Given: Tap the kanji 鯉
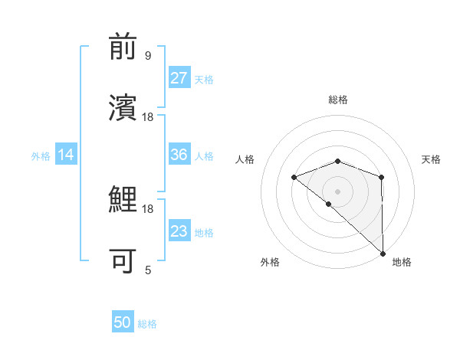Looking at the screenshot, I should pyautogui.click(x=124, y=201).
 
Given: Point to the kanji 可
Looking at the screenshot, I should pyautogui.click(x=124, y=260).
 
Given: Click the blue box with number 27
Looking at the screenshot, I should pyautogui.click(x=179, y=78).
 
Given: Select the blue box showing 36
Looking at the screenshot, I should pyautogui.click(x=179, y=155).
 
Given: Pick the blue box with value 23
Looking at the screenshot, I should pyautogui.click(x=179, y=231).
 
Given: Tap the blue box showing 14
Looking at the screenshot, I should pyautogui.click(x=66, y=155).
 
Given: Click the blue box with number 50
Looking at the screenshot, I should pyautogui.click(x=123, y=322).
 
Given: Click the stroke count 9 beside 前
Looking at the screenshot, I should pyautogui.click(x=148, y=56).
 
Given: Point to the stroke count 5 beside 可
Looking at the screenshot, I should pyautogui.click(x=148, y=270).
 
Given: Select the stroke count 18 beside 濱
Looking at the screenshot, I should pyautogui.click(x=148, y=116).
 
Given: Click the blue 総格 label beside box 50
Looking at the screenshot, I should pyautogui.click(x=147, y=324).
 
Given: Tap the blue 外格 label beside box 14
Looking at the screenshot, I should pyautogui.click(x=41, y=156).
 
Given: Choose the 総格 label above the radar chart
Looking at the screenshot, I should pyautogui.click(x=338, y=100).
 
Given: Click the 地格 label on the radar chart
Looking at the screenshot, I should pyautogui.click(x=402, y=263).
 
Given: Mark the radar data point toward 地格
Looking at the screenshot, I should pyautogui.click(x=382, y=253).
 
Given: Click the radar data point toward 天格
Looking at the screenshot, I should pyautogui.click(x=381, y=178).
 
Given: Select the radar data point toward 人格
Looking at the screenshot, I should pyautogui.click(x=294, y=178).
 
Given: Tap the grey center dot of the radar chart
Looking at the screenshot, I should pyautogui.click(x=337, y=191).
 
